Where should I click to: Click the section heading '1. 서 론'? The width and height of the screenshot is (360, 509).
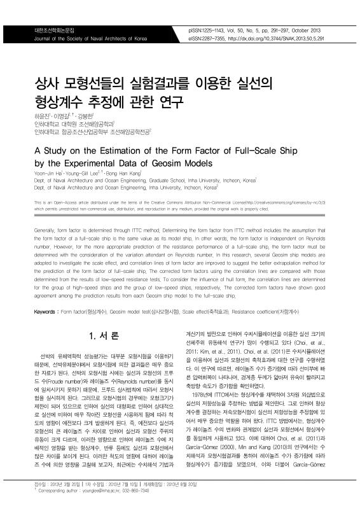pyautogui.click(x=102, y=335)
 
